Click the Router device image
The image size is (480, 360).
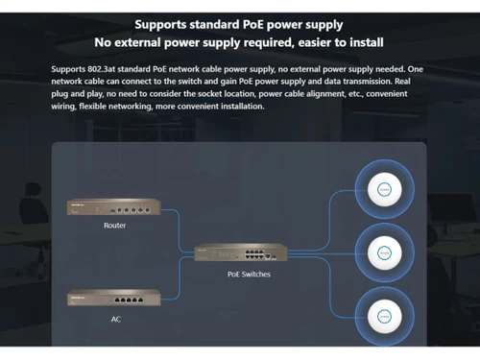pyautogui.click(x=113, y=208)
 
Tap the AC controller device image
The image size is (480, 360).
pyautogui.click(x=113, y=300)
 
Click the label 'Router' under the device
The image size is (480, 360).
pyautogui.click(x=113, y=226)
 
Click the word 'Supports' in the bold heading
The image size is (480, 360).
pyautogui.click(x=167, y=24)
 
